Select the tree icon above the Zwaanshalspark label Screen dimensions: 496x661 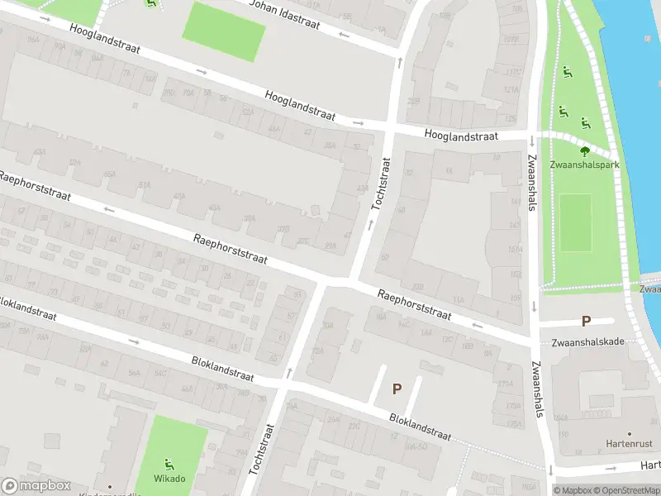point(585,150)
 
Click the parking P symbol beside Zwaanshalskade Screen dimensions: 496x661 point(587,321)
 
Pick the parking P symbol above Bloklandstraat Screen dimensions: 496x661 point(397,389)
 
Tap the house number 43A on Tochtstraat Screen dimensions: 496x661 point(361,188)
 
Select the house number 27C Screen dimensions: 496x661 point(303,241)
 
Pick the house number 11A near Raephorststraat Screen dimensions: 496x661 point(459,302)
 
